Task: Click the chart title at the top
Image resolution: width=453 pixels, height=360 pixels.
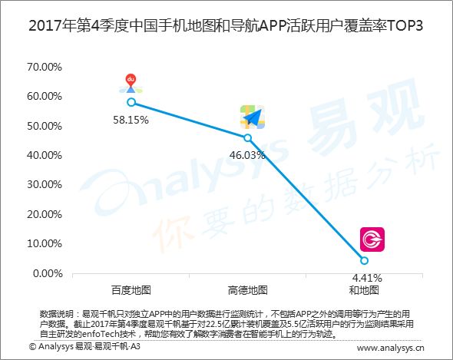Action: tap(226, 26)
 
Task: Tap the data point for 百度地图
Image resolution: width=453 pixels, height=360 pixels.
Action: tap(131, 102)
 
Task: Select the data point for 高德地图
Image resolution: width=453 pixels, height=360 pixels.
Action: tap(247, 138)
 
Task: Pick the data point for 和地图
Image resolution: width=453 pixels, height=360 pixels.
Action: tap(364, 261)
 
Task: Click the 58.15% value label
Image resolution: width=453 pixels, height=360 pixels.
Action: tap(131, 120)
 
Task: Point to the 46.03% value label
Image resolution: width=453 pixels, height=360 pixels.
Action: tap(247, 155)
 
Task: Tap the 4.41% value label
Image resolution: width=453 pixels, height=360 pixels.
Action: tap(367, 278)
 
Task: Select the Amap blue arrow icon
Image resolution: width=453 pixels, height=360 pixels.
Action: tap(253, 117)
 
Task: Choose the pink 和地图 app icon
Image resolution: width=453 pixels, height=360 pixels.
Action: tap(372, 239)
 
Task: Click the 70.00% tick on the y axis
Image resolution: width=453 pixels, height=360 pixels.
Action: tap(45, 67)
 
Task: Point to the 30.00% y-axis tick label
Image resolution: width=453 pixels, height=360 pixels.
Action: tap(45, 184)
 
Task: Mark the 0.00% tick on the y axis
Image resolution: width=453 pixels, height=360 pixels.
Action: tap(48, 273)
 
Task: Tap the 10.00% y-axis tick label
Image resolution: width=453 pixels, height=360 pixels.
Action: tap(45, 243)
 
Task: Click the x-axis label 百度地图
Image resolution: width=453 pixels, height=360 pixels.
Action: tap(131, 290)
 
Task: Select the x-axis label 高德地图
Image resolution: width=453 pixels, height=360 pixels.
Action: tap(247, 290)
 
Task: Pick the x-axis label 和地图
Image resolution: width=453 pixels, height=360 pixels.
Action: tap(364, 290)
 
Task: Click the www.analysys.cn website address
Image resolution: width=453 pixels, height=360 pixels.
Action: tap(391, 348)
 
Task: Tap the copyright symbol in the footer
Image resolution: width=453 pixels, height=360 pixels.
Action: tap(32, 346)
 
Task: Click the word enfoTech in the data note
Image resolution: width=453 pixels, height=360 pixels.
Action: tap(101, 334)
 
